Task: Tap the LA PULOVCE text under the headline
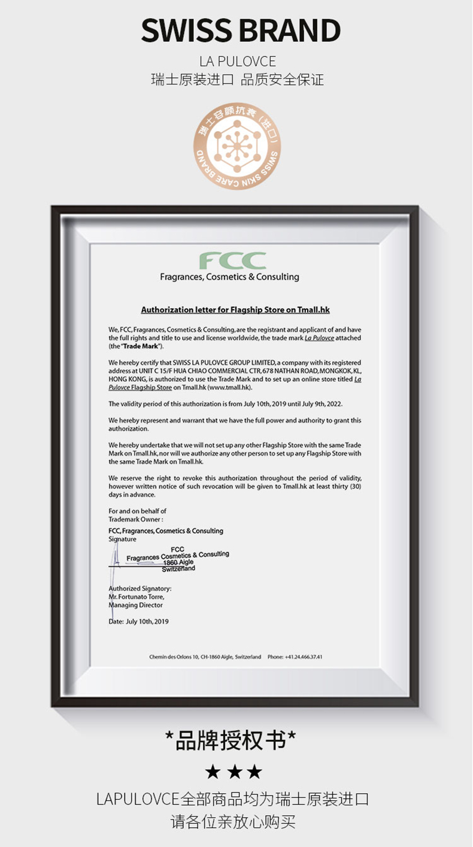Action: [238, 62]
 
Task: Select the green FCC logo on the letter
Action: [232, 261]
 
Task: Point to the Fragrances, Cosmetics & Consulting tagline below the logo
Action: [229, 277]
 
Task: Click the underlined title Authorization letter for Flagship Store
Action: [235, 310]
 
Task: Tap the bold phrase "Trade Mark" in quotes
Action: [142, 347]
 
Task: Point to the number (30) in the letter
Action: [356, 487]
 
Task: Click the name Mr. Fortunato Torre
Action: [137, 597]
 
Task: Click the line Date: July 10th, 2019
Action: [139, 621]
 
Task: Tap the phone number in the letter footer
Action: [295, 657]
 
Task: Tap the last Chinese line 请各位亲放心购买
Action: [233, 821]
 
